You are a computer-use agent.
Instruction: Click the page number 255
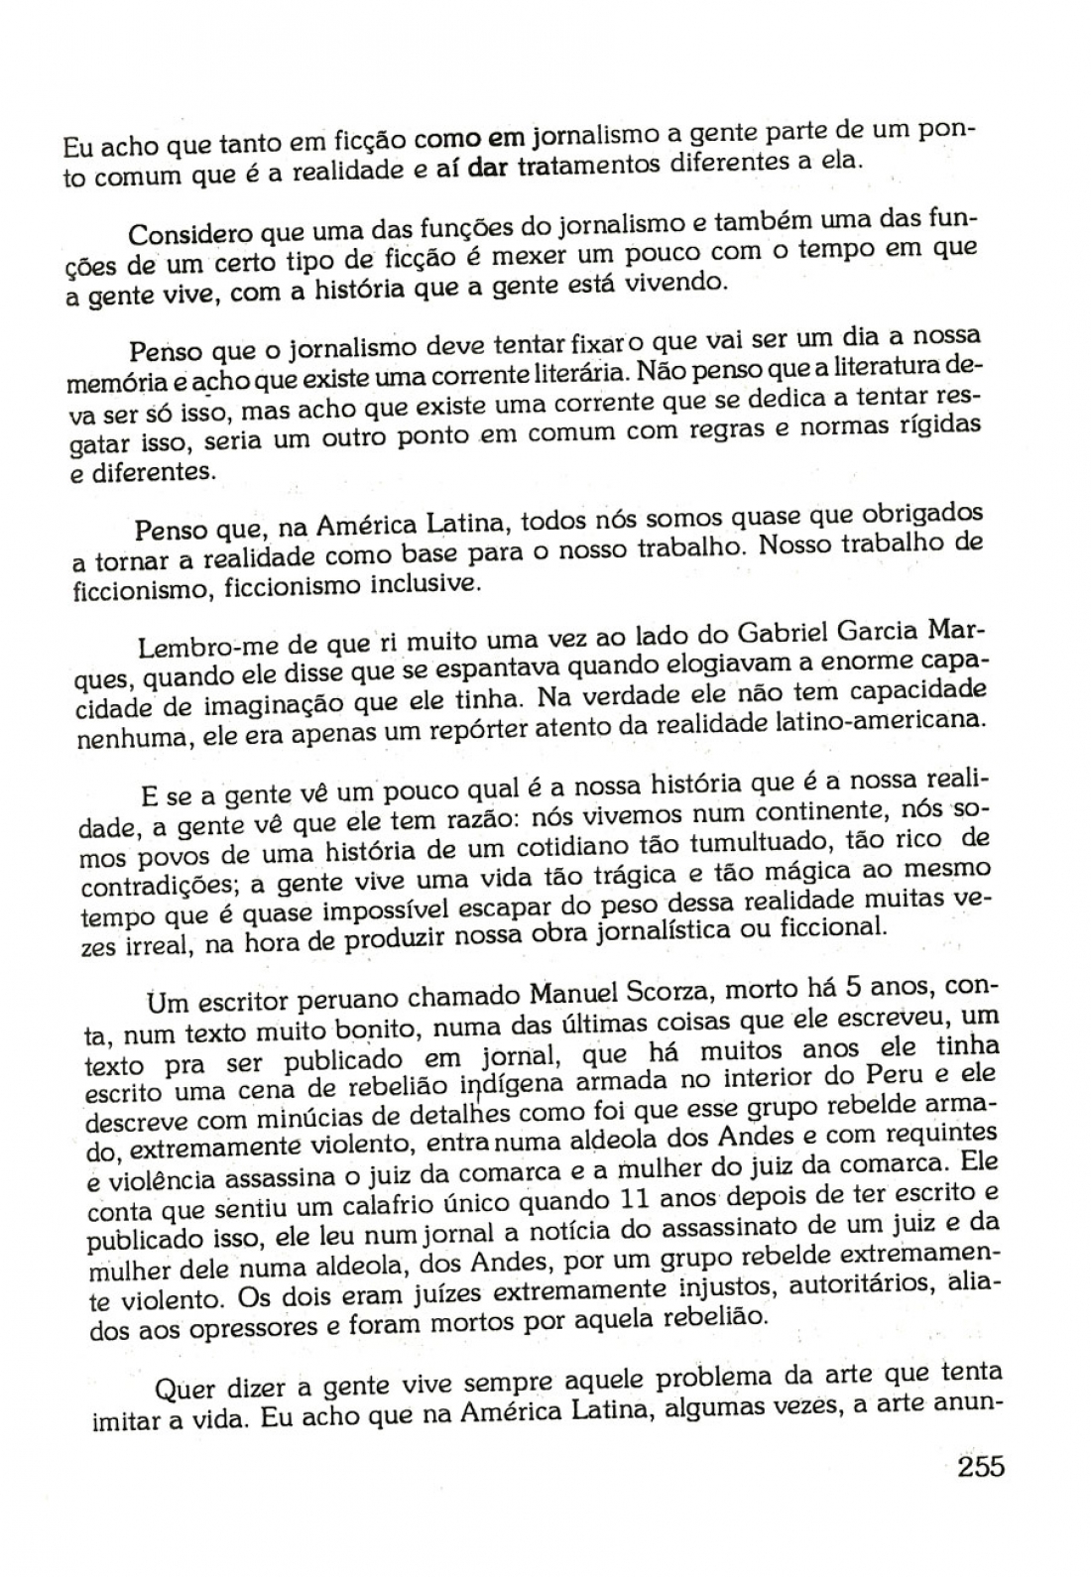click(x=981, y=1466)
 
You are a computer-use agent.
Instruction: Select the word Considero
click(x=191, y=234)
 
